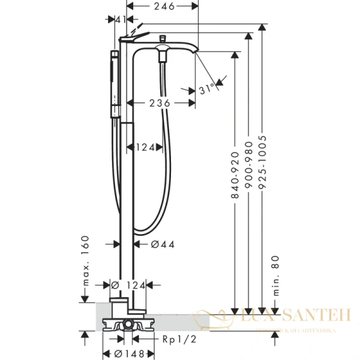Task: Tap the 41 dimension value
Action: point(121,19)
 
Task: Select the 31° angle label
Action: point(206,89)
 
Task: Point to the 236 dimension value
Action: point(161,103)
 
